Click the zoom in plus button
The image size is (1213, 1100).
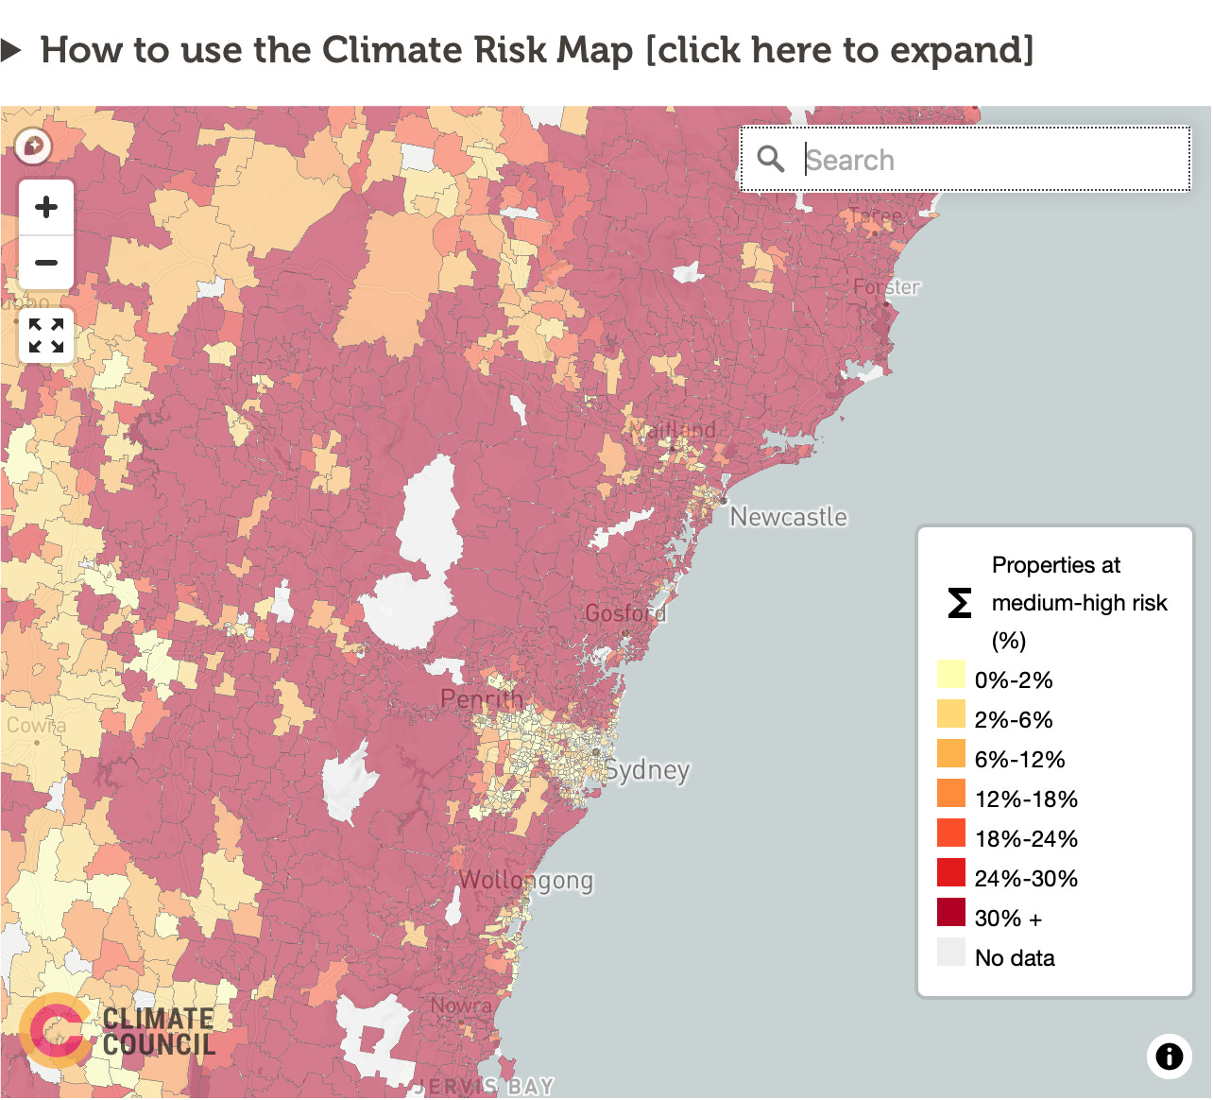45,207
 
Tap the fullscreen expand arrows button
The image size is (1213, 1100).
45,335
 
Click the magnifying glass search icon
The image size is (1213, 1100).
771,159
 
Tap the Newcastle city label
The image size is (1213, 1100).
789,517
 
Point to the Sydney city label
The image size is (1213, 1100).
647,770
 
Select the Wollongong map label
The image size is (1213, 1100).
526,881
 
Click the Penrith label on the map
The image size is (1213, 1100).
482,699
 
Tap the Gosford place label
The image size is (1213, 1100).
625,613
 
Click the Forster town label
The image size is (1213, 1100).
886,287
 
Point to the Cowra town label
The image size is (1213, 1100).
36,726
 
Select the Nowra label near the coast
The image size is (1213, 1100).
461,1006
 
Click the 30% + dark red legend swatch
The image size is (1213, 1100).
951,913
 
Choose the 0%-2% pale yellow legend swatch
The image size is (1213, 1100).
951,675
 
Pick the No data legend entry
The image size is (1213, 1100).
1014,958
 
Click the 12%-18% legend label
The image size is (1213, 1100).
1026,799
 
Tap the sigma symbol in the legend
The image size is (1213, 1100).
960,603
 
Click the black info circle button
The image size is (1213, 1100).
1170,1056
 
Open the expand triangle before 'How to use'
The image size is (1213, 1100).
11,50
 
